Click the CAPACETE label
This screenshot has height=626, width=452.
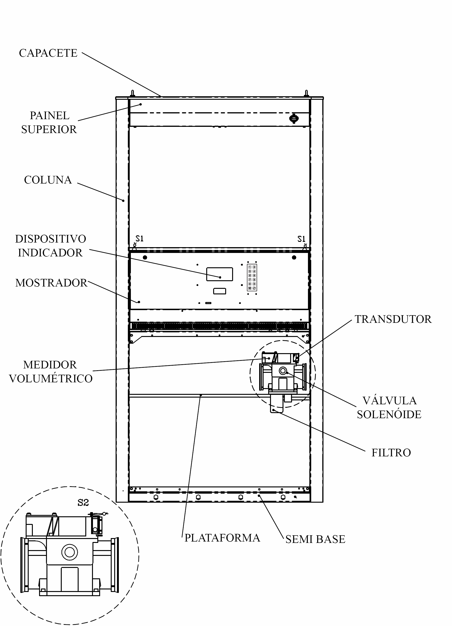48,53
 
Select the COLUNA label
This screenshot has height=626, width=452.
48,180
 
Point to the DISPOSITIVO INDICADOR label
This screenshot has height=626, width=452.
50,246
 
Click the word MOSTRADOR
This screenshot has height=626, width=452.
51,283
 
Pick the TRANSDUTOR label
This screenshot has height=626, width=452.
393,319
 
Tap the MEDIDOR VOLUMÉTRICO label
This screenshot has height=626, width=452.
51,371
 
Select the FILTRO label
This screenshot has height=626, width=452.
391,453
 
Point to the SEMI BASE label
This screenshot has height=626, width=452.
315,539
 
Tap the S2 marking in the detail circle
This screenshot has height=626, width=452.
83,503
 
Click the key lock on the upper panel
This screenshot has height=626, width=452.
294,118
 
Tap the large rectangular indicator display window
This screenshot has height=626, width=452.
219,274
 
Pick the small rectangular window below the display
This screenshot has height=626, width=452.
219,291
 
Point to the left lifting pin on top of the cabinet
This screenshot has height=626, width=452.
132,93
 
